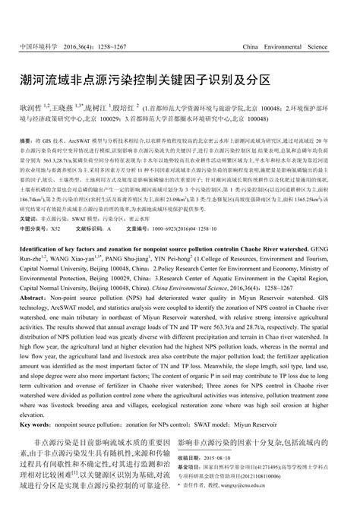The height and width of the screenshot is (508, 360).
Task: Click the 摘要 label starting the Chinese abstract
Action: pos(24,141)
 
